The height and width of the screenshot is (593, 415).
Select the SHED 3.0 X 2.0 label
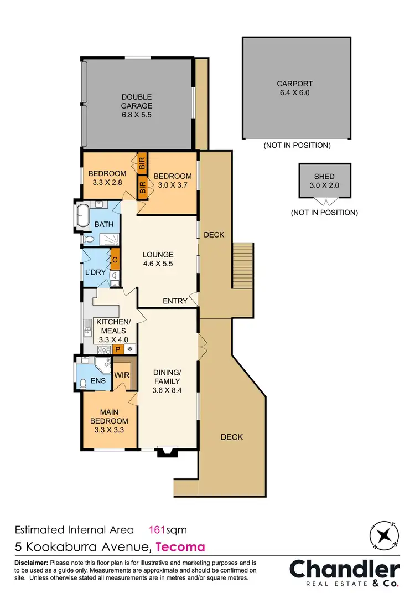tap(324, 181)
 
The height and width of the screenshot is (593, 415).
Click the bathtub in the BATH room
tap(82, 215)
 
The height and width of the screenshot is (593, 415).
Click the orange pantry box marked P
tap(117, 349)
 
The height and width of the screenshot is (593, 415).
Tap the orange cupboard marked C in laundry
tap(115, 259)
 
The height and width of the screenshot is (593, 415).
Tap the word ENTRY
tap(175, 301)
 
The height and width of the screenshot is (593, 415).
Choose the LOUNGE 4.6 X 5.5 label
tap(158, 259)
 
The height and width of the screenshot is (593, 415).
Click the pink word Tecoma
tap(180, 547)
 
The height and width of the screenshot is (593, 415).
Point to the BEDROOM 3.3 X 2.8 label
tap(107, 177)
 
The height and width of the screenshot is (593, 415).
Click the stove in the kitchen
tap(103, 349)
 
